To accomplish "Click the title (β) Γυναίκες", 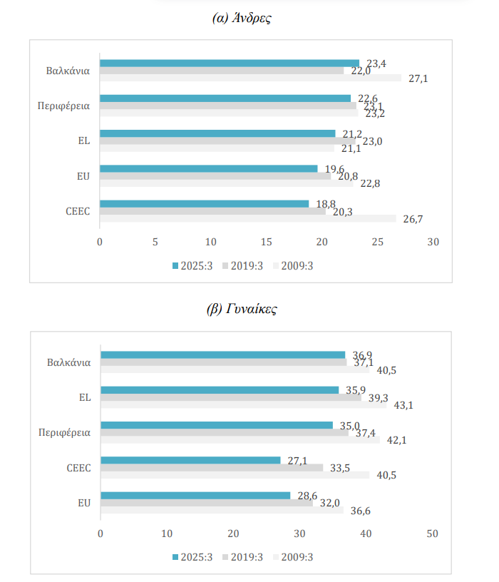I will click(242, 309).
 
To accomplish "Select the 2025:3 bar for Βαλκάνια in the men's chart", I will click(229, 63).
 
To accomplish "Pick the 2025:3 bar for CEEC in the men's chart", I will click(204, 203).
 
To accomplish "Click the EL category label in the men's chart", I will click(83, 141).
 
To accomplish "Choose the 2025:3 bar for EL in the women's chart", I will click(220, 389).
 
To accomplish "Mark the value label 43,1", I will click(404, 404).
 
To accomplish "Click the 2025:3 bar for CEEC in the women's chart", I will click(190, 460).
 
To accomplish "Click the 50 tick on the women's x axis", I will click(432, 533).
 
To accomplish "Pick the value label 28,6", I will click(308, 494).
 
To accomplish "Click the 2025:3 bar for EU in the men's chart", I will click(208, 168).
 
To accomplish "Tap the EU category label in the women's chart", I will click(83, 502).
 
